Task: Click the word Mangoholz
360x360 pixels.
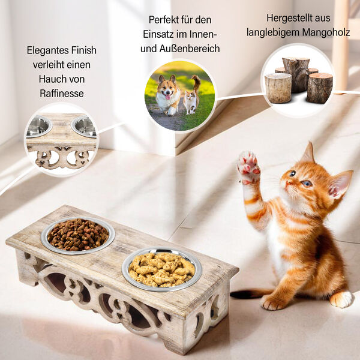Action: tap(326, 32)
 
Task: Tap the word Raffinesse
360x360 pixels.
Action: tap(62, 94)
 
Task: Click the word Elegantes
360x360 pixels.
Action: tap(47, 51)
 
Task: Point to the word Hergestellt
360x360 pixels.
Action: tap(289, 18)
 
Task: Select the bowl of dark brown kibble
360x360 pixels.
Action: tap(78, 235)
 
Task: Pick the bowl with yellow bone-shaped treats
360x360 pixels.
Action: tap(161, 269)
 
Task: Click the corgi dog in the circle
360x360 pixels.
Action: tap(168, 95)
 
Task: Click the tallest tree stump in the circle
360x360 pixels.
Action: tap(296, 74)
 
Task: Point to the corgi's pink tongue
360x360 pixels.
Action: tap(168, 97)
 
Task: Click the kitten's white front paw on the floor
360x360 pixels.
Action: tap(341, 299)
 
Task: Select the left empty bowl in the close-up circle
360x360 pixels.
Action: tap(38, 127)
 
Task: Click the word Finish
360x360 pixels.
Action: tap(83, 50)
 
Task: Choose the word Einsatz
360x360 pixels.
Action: tap(158, 34)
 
